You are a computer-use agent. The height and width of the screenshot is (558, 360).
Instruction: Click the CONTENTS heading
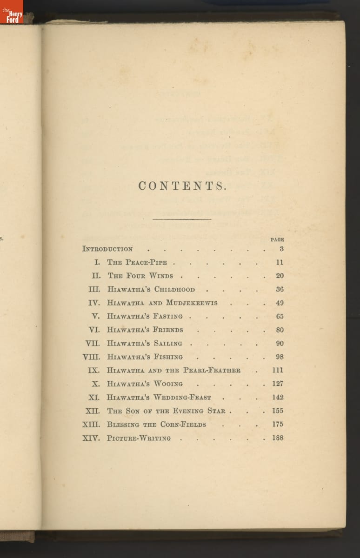[x=182, y=186]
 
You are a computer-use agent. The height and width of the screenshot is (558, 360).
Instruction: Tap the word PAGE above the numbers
[x=277, y=239]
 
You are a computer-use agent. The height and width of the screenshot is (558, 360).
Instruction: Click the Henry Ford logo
[x=12, y=14]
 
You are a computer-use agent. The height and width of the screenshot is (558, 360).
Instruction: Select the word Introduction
[x=107, y=249]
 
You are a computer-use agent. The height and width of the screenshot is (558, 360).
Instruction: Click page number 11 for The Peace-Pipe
[x=279, y=262]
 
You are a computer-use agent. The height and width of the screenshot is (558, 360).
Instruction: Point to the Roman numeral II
[x=96, y=276]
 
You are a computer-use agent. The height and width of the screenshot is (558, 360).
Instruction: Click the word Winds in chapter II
[x=161, y=276]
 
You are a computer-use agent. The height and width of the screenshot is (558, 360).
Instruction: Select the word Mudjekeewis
[x=192, y=303]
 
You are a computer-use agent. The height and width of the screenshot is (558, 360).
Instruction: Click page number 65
[x=279, y=316]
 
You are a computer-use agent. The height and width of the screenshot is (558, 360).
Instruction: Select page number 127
[x=278, y=384]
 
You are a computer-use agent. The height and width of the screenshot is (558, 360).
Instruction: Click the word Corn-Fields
[x=183, y=425]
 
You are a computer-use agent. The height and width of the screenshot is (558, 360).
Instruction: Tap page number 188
[x=278, y=438]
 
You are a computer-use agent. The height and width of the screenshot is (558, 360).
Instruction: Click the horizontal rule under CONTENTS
[x=182, y=219]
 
